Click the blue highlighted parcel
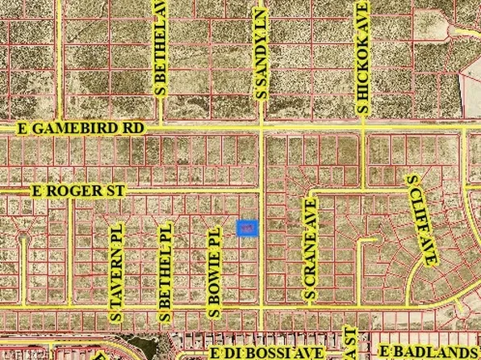coord(248,229)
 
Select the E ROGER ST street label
coord(78,191)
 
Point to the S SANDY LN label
coord(260,55)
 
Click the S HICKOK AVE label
coord(363,56)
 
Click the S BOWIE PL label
coord(215,271)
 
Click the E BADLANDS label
coord(429,353)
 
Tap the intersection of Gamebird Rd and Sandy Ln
coord(261,128)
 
